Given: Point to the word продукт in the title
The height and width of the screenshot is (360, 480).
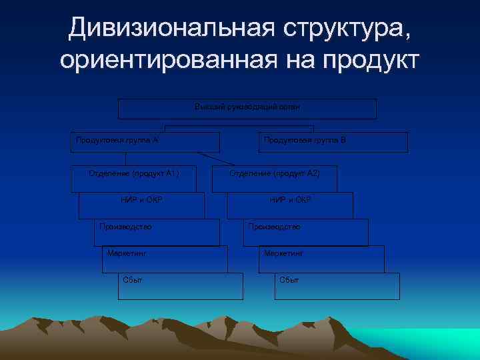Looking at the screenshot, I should [372, 60].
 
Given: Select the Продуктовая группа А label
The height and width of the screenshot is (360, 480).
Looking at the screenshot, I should [117, 141].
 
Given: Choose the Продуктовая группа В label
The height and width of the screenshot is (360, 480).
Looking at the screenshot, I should [305, 141].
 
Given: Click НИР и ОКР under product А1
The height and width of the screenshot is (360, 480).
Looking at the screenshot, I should [141, 200].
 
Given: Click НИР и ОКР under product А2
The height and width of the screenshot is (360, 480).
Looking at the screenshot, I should [290, 200].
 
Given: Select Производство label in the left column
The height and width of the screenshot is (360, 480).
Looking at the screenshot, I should [125, 227].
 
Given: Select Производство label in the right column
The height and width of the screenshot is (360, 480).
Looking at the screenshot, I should [274, 227].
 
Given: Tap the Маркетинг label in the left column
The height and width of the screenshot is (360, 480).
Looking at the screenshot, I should [126, 253].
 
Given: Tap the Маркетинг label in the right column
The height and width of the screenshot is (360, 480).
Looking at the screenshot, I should [283, 253].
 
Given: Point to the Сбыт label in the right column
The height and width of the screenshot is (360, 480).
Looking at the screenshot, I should [289, 279].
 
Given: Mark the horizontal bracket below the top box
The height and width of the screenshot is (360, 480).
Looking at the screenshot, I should [239, 125].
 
